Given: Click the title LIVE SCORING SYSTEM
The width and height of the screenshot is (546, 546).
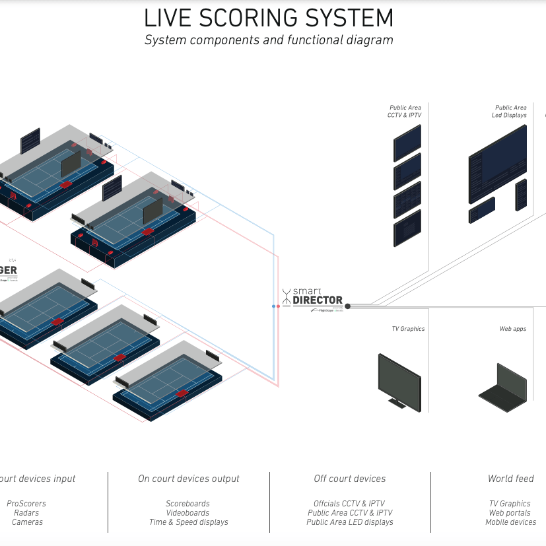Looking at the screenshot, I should tap(269, 17).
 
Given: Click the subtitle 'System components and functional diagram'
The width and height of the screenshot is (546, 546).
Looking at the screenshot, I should tap(269, 40).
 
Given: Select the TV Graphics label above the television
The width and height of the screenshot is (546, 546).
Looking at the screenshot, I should tap(408, 329).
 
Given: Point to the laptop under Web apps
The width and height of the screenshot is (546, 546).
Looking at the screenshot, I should tap(504, 384).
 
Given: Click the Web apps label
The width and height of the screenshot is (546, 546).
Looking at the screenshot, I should tap(513, 329).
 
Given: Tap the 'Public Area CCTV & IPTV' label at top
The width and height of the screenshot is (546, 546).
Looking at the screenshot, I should tap(405, 111).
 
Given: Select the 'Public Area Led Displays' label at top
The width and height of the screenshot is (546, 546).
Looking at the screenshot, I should tap(510, 111).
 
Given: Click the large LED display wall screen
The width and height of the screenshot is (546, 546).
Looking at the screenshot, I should tap(497, 165).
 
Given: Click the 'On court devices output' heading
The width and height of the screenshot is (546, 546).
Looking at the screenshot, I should tap(188, 479).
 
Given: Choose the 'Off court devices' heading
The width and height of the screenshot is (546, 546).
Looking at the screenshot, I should tap(350, 479).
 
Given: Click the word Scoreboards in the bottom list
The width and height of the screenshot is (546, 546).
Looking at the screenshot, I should tap(188, 504).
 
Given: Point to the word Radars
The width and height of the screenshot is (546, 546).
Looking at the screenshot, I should tap(26, 513).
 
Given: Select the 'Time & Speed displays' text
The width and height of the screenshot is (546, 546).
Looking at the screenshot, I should tap(188, 522).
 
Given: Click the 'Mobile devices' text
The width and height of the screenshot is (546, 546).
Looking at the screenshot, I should tap(511, 522).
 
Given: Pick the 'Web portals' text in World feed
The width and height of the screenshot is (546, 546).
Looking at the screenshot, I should tap(510, 513).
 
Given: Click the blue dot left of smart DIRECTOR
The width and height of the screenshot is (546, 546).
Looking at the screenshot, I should tap(273, 306).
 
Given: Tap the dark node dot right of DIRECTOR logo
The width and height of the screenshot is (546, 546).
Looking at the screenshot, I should tap(348, 306).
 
